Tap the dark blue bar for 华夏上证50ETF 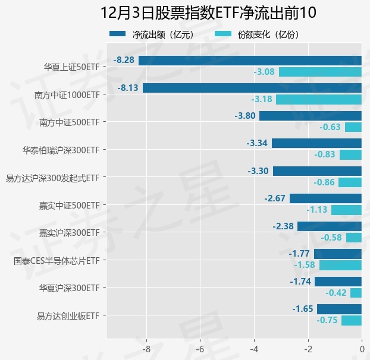coord(250,60)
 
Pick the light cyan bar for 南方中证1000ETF coord(319,99)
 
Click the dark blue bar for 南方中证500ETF coord(311,115)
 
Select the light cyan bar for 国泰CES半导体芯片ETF coord(340,265)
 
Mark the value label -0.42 coord(336,293)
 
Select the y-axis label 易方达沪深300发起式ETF coord(52,178)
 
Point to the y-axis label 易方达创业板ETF coord(67,315)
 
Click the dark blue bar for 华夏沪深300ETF coord(338,282)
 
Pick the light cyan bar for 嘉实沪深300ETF coord(354,238)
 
